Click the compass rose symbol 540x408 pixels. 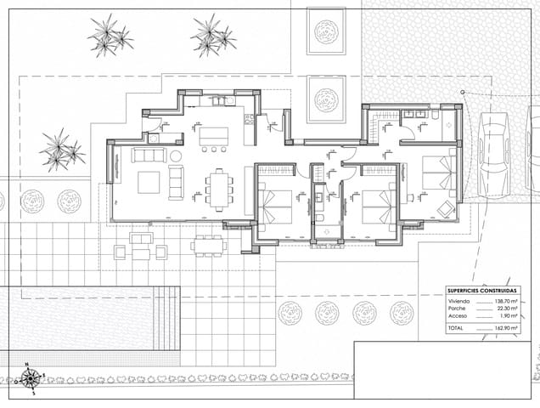click(30, 377)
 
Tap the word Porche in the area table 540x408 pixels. click(458, 309)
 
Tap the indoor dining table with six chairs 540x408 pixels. click(220, 189)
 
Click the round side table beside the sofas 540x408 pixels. click(176, 156)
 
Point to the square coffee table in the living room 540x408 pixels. click(149, 182)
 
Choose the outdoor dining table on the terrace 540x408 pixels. click(208, 246)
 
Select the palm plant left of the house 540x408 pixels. click(59, 150)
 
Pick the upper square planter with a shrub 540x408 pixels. click(326, 31)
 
